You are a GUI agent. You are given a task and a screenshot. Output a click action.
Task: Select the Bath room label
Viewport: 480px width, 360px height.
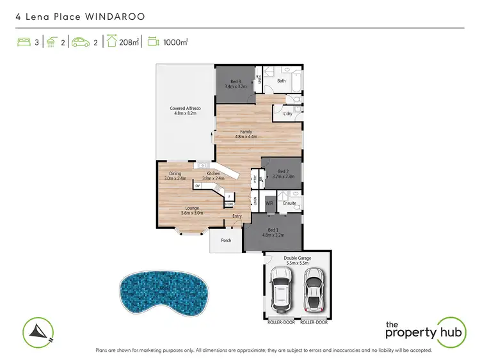[x=281, y=81]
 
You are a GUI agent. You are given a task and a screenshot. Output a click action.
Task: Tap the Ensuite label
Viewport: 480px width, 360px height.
[x=289, y=203]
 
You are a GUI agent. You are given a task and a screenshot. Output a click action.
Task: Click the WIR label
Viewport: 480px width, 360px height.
[x=269, y=203]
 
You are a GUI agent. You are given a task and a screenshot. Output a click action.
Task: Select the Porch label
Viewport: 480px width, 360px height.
[x=226, y=240]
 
